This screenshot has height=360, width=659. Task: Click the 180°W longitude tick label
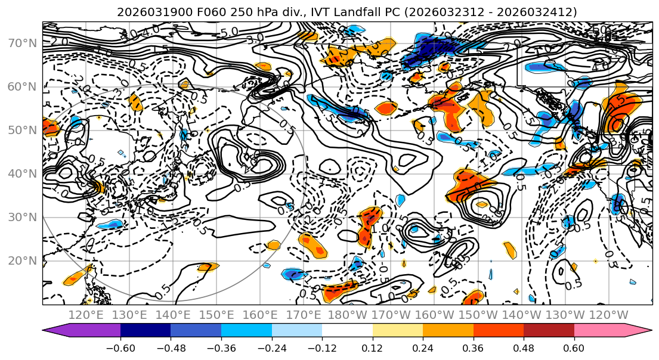coord(348,315)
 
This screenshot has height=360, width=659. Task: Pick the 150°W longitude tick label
coord(479,315)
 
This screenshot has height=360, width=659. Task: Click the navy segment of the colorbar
coord(145,331)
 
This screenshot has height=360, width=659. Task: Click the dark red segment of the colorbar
coord(549,331)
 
